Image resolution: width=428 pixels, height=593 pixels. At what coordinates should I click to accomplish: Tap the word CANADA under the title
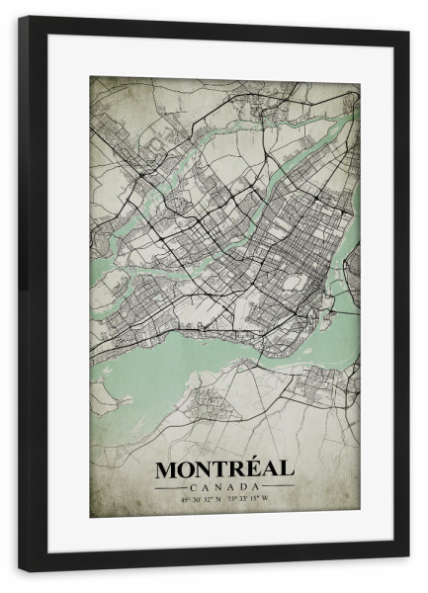[x=224, y=485]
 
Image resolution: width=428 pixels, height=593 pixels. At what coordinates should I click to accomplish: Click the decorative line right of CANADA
[x=278, y=486]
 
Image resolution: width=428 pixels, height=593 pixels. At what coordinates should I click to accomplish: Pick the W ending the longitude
[x=266, y=497]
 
